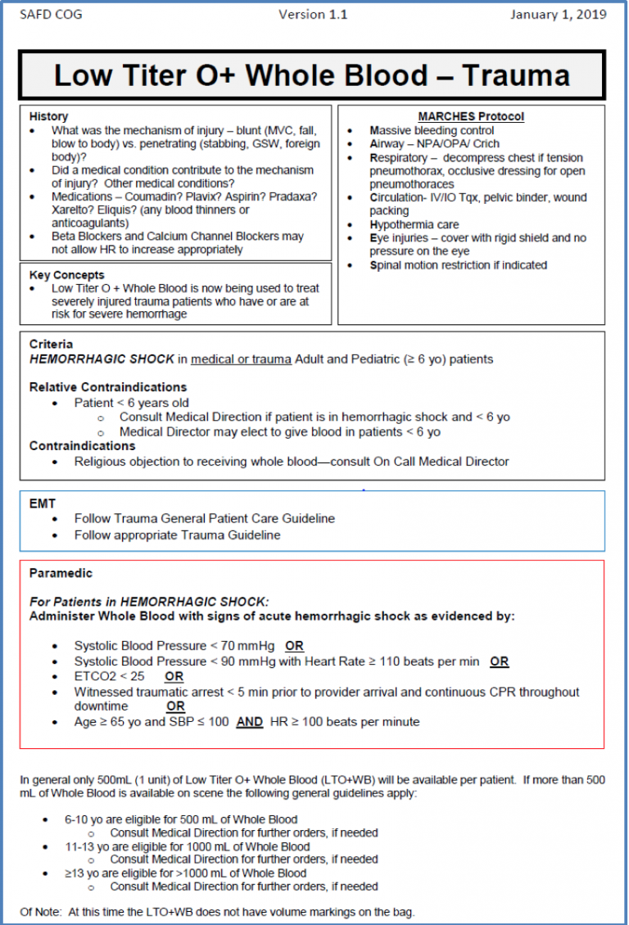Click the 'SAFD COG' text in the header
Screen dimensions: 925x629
tap(51, 14)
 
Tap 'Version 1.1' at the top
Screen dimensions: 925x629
tap(313, 14)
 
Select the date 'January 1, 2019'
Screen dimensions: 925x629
tap(558, 14)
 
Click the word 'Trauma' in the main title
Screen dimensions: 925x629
tap(516, 75)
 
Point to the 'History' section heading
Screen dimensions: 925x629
tap(48, 116)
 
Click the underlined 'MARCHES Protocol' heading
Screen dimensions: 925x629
tap(471, 116)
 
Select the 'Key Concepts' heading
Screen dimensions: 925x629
tap(66, 275)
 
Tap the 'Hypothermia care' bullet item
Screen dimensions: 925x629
tap(414, 224)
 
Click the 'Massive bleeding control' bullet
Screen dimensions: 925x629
tap(432, 130)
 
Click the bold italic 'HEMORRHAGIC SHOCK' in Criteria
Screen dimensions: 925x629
tap(102, 359)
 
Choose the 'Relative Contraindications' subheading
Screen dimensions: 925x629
tap(108, 386)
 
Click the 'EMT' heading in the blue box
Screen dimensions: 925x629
tap(43, 504)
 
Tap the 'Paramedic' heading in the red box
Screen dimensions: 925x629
tap(61, 573)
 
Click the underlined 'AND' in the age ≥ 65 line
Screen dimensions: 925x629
tap(249, 722)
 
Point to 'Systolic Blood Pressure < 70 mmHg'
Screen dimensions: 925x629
tap(174, 646)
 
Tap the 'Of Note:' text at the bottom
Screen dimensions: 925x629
tap(39, 912)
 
